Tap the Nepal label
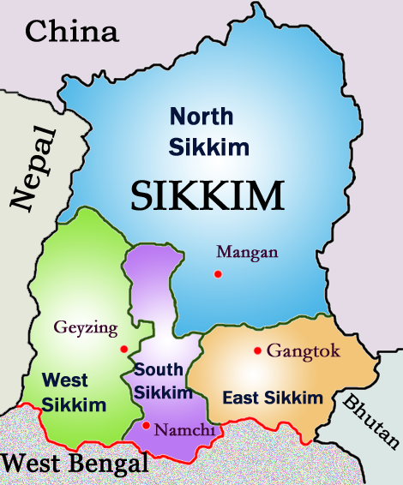(x=34, y=168)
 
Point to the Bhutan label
(x=371, y=420)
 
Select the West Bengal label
(x=75, y=464)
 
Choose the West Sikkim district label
(x=75, y=391)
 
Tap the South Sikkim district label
(x=162, y=381)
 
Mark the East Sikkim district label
(x=273, y=398)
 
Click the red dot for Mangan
(x=218, y=274)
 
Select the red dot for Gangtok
(x=257, y=350)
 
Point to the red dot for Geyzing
(x=124, y=348)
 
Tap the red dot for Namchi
(x=147, y=425)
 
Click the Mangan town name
(x=247, y=252)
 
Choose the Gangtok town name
(x=304, y=350)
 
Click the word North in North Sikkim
(x=201, y=117)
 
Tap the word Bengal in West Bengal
(x=108, y=464)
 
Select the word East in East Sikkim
(x=239, y=398)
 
